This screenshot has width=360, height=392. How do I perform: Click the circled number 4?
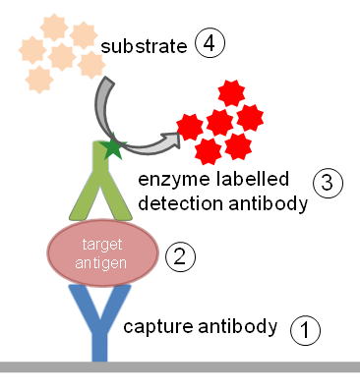point(210,43)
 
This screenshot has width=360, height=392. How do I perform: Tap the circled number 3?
point(328,183)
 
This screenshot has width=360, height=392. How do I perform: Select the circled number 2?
point(180,256)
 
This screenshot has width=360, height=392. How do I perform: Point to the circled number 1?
point(305,330)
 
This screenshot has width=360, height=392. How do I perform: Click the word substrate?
point(144,46)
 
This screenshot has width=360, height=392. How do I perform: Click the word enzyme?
point(174,180)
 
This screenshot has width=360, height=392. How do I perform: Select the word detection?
point(180,203)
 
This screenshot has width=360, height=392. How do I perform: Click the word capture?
point(158,327)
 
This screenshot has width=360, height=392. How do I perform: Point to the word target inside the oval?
point(102,245)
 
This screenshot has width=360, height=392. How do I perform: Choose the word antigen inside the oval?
point(100,263)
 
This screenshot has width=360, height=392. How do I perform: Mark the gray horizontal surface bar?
point(180,366)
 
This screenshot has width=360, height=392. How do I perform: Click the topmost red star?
point(231,93)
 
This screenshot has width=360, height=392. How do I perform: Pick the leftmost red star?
point(190,127)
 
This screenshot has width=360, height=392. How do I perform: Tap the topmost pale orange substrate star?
point(54,28)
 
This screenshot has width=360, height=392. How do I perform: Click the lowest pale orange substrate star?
point(39,80)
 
